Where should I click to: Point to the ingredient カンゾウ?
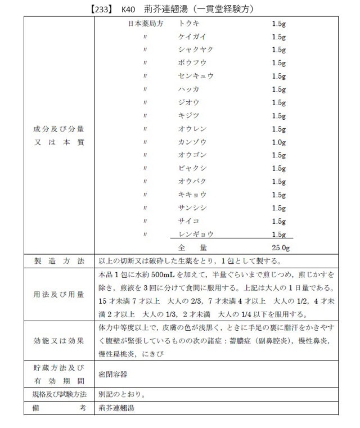point(192,142)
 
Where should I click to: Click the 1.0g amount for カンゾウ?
point(279,142)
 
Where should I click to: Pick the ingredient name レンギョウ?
point(195,234)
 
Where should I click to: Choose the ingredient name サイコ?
point(188,221)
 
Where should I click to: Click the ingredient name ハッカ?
point(188,89)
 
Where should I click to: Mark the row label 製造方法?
point(59,261)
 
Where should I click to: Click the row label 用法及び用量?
point(59,294)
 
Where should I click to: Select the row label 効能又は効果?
point(59,340)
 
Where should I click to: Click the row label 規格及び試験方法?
point(59,394)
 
